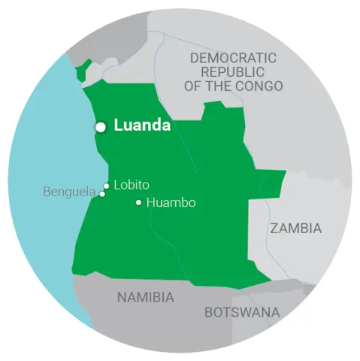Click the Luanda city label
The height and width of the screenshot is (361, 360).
(142, 126)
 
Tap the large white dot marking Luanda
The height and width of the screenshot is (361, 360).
(100, 127)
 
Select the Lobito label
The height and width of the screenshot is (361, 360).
(131, 184)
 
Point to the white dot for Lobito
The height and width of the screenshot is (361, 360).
(107, 186)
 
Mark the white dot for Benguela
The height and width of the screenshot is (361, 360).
(102, 194)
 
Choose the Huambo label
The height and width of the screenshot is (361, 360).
(171, 202)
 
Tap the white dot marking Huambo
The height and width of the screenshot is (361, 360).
(138, 202)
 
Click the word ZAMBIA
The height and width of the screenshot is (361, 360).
(296, 228)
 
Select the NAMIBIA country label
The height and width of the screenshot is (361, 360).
(146, 297)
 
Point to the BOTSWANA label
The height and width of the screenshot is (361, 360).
(242, 312)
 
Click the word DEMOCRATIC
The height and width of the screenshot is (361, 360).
(233, 58)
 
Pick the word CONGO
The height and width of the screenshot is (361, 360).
(262, 86)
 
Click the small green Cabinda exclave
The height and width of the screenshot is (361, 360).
(83, 69)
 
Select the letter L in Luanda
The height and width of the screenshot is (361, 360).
(117, 126)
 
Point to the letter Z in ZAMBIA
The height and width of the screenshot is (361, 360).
(274, 228)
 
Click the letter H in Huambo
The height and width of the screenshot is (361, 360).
(150, 202)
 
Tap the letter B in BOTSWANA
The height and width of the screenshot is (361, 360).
(208, 312)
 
